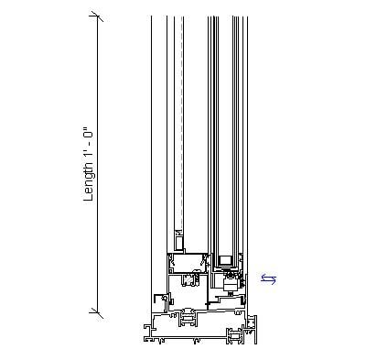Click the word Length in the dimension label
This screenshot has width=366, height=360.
click(89, 182)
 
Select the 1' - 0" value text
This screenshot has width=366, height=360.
click(89, 147)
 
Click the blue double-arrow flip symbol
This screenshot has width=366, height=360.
click(268, 279)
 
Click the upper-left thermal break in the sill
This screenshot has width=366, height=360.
click(188, 319)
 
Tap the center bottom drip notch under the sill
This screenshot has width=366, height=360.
click(197, 341)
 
